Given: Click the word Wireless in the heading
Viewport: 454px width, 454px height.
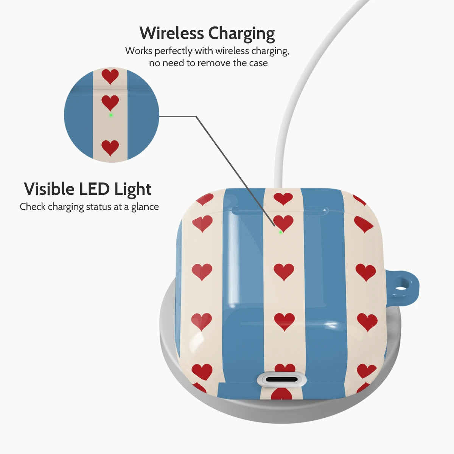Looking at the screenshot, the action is [x=171, y=33].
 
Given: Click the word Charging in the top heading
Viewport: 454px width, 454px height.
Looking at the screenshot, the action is [x=241, y=34].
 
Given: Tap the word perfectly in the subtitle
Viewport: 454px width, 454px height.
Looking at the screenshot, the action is [x=173, y=51].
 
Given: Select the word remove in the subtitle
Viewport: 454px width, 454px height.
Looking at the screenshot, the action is [x=213, y=63].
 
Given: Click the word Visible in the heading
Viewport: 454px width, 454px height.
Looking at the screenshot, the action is [x=49, y=189].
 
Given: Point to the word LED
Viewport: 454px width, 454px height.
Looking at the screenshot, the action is [x=94, y=189].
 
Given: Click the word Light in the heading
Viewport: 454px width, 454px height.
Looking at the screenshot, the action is [x=133, y=190].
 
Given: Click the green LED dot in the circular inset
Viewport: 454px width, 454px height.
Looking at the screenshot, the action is [x=110, y=115].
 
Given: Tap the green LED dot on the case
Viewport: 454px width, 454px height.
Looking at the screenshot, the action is [x=280, y=232].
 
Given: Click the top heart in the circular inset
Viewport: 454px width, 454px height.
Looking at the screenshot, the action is [x=110, y=76].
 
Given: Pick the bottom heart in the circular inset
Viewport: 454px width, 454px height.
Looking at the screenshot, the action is [x=110, y=148].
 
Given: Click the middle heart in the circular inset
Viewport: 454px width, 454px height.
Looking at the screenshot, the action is [x=110, y=103].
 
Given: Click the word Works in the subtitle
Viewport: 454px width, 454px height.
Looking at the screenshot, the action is [x=138, y=51].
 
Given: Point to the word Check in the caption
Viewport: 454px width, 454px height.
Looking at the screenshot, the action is [x=33, y=207].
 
